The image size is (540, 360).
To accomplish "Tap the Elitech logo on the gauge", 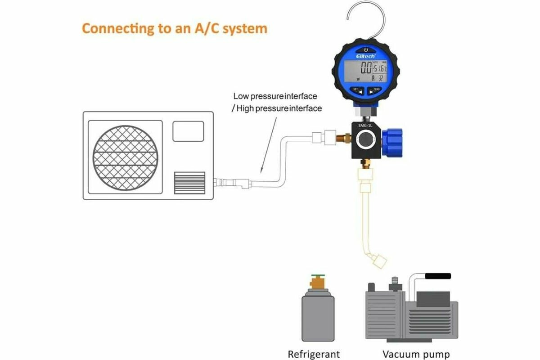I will point(366,56).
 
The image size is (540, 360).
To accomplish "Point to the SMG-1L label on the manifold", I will point(365,127).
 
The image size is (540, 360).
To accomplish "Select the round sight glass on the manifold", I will point(365,142).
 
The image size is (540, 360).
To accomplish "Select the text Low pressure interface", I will point(275,96).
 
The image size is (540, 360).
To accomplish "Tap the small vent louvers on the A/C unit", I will point(189,182).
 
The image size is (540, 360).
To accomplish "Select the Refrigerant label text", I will point(314,354).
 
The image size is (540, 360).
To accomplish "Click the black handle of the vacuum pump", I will point(438,275).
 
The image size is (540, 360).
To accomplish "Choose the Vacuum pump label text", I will point(416,354).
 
